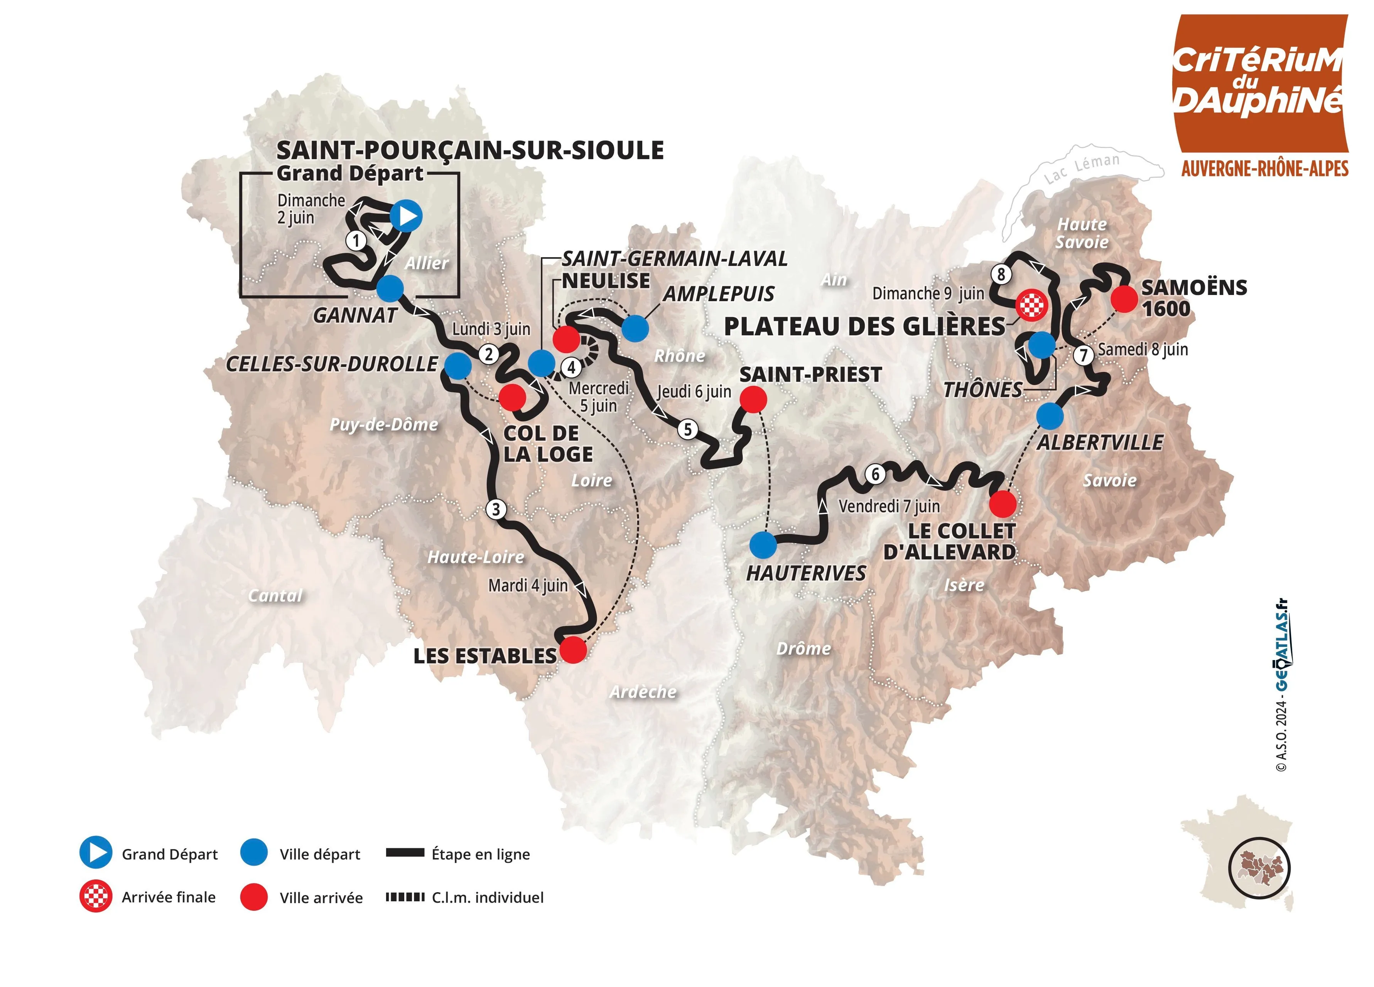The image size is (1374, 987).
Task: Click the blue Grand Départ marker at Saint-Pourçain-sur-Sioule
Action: (x=405, y=216)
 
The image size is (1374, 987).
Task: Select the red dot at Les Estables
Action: (x=573, y=650)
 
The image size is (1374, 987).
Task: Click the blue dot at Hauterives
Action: (x=763, y=545)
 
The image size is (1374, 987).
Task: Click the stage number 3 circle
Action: (x=496, y=509)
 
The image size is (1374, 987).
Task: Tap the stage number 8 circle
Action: (x=1001, y=274)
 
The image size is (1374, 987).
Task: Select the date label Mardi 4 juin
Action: (x=528, y=586)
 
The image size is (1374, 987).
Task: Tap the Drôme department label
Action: (x=803, y=648)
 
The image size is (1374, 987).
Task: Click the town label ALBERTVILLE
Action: (x=1100, y=443)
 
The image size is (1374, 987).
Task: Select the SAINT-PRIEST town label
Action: (x=810, y=375)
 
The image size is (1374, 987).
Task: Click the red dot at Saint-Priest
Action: (x=753, y=400)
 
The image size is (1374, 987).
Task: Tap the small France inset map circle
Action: (x=1259, y=868)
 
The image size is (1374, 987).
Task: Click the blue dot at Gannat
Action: (x=390, y=289)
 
